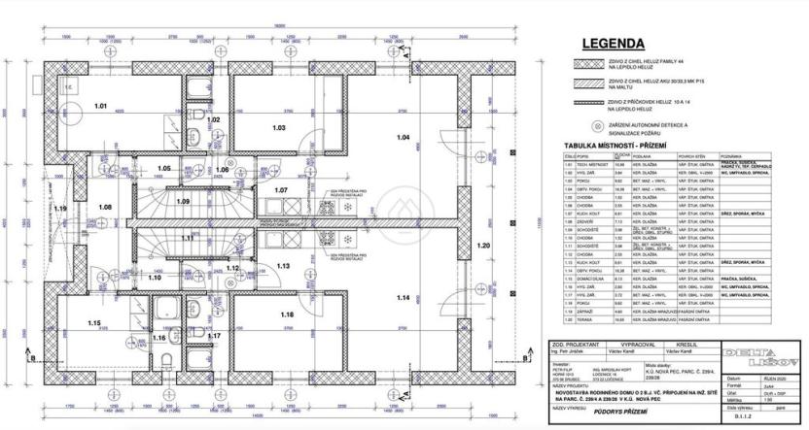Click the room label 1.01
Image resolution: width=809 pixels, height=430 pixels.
[x=100, y=104]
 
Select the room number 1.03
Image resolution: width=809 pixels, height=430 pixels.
[x=278, y=127]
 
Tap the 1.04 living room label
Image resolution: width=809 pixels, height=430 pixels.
[x=404, y=137]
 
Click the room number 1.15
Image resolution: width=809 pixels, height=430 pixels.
[x=94, y=323]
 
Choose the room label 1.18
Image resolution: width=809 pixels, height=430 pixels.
[x=287, y=314]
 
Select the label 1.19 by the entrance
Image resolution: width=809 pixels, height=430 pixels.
[x=60, y=209]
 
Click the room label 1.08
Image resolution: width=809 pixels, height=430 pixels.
[x=105, y=207]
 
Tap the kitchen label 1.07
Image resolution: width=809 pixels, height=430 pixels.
[x=283, y=189]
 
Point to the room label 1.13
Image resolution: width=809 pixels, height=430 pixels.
[x=285, y=266]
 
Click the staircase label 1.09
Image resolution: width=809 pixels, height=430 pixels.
[x=183, y=200]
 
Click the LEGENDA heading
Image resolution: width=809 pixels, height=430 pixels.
[x=612, y=44]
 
